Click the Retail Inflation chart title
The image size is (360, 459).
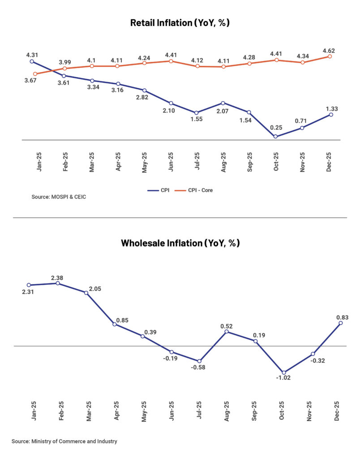180,23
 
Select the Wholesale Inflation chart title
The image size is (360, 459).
180,243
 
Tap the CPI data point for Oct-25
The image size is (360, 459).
275,137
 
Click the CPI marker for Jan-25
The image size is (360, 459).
31,61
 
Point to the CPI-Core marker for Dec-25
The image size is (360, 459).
330,56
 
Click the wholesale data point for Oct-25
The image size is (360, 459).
283,372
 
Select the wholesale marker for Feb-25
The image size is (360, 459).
57,283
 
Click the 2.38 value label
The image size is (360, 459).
57,278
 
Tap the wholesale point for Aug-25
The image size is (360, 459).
227,332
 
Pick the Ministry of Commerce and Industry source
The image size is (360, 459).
64,442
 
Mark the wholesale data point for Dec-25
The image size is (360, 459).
340,323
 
